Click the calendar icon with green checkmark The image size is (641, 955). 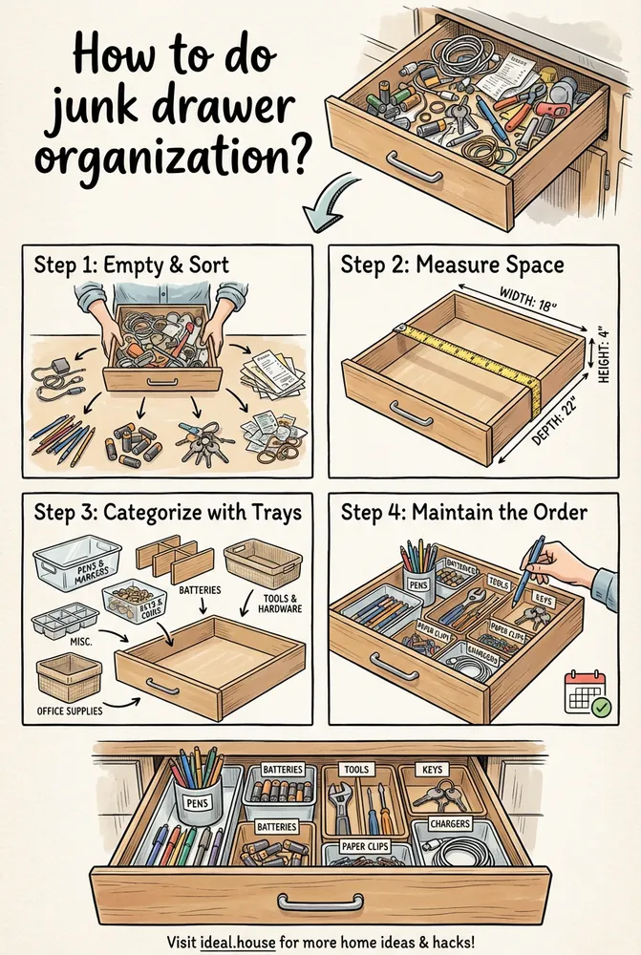point(587,692)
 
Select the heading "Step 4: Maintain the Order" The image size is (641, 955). point(464,513)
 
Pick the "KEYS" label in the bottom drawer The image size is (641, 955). point(435,769)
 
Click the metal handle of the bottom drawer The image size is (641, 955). point(320,901)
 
